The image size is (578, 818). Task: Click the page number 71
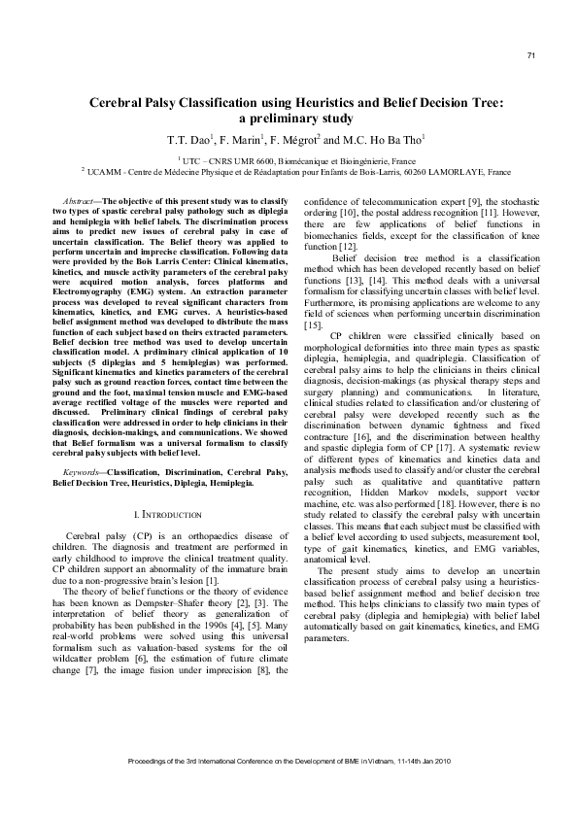point(531,55)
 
